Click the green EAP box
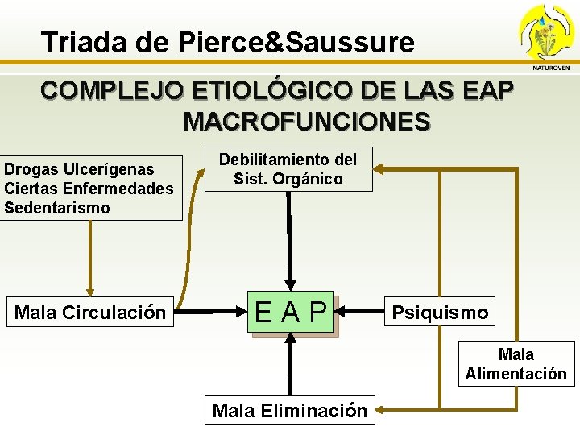[292, 312]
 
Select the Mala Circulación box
[90, 312]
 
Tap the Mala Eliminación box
[289, 411]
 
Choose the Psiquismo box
[440, 312]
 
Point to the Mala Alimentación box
[516, 364]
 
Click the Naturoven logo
[547, 36]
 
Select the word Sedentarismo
[57, 208]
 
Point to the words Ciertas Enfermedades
[89, 188]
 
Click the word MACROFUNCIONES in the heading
[307, 122]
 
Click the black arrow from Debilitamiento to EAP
[288, 234]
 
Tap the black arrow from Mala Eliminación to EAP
[290, 367]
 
